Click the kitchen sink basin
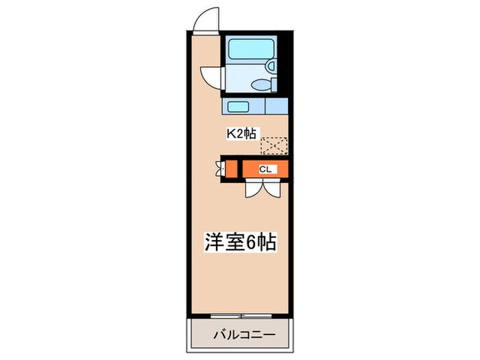239,107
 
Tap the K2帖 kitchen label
241,134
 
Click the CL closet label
265,168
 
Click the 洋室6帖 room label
240,243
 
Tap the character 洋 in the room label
213,243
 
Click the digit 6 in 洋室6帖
254,243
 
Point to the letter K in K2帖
232,134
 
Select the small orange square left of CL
232,168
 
